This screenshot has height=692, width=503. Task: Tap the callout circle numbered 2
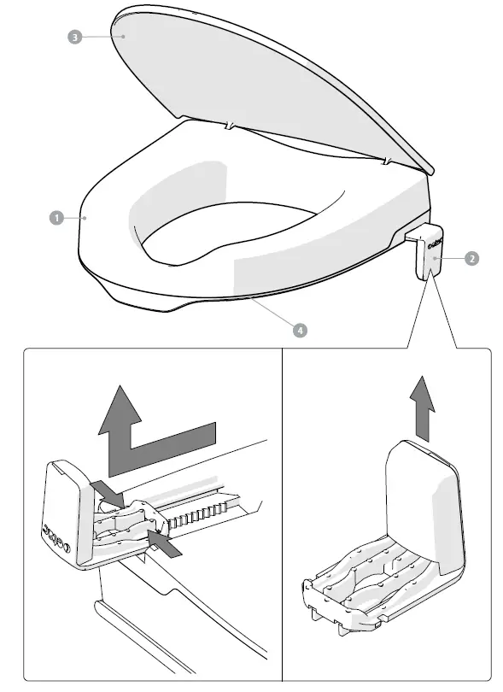point(471,258)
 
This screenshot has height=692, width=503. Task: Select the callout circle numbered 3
point(74,38)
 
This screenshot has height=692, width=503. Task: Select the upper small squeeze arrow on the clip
point(108,491)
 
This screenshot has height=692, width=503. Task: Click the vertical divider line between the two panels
point(282,513)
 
